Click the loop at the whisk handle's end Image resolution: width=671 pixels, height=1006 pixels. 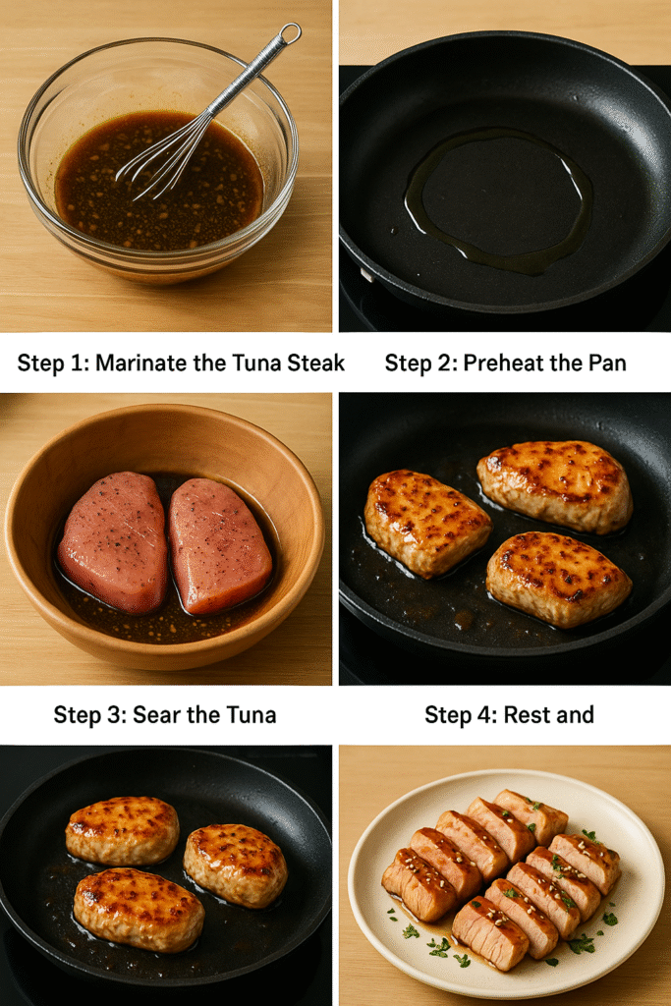(291, 33)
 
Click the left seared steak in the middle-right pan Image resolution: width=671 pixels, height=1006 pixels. (426, 524)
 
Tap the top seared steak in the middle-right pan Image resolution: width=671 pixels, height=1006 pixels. (555, 485)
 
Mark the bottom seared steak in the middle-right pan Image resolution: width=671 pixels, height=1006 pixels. (558, 579)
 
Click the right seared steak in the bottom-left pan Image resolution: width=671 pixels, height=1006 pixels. (236, 865)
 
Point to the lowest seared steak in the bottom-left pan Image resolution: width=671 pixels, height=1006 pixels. (139, 909)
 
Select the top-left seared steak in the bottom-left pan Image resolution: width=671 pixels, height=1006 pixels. (123, 830)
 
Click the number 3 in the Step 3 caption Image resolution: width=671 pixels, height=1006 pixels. (117, 715)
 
